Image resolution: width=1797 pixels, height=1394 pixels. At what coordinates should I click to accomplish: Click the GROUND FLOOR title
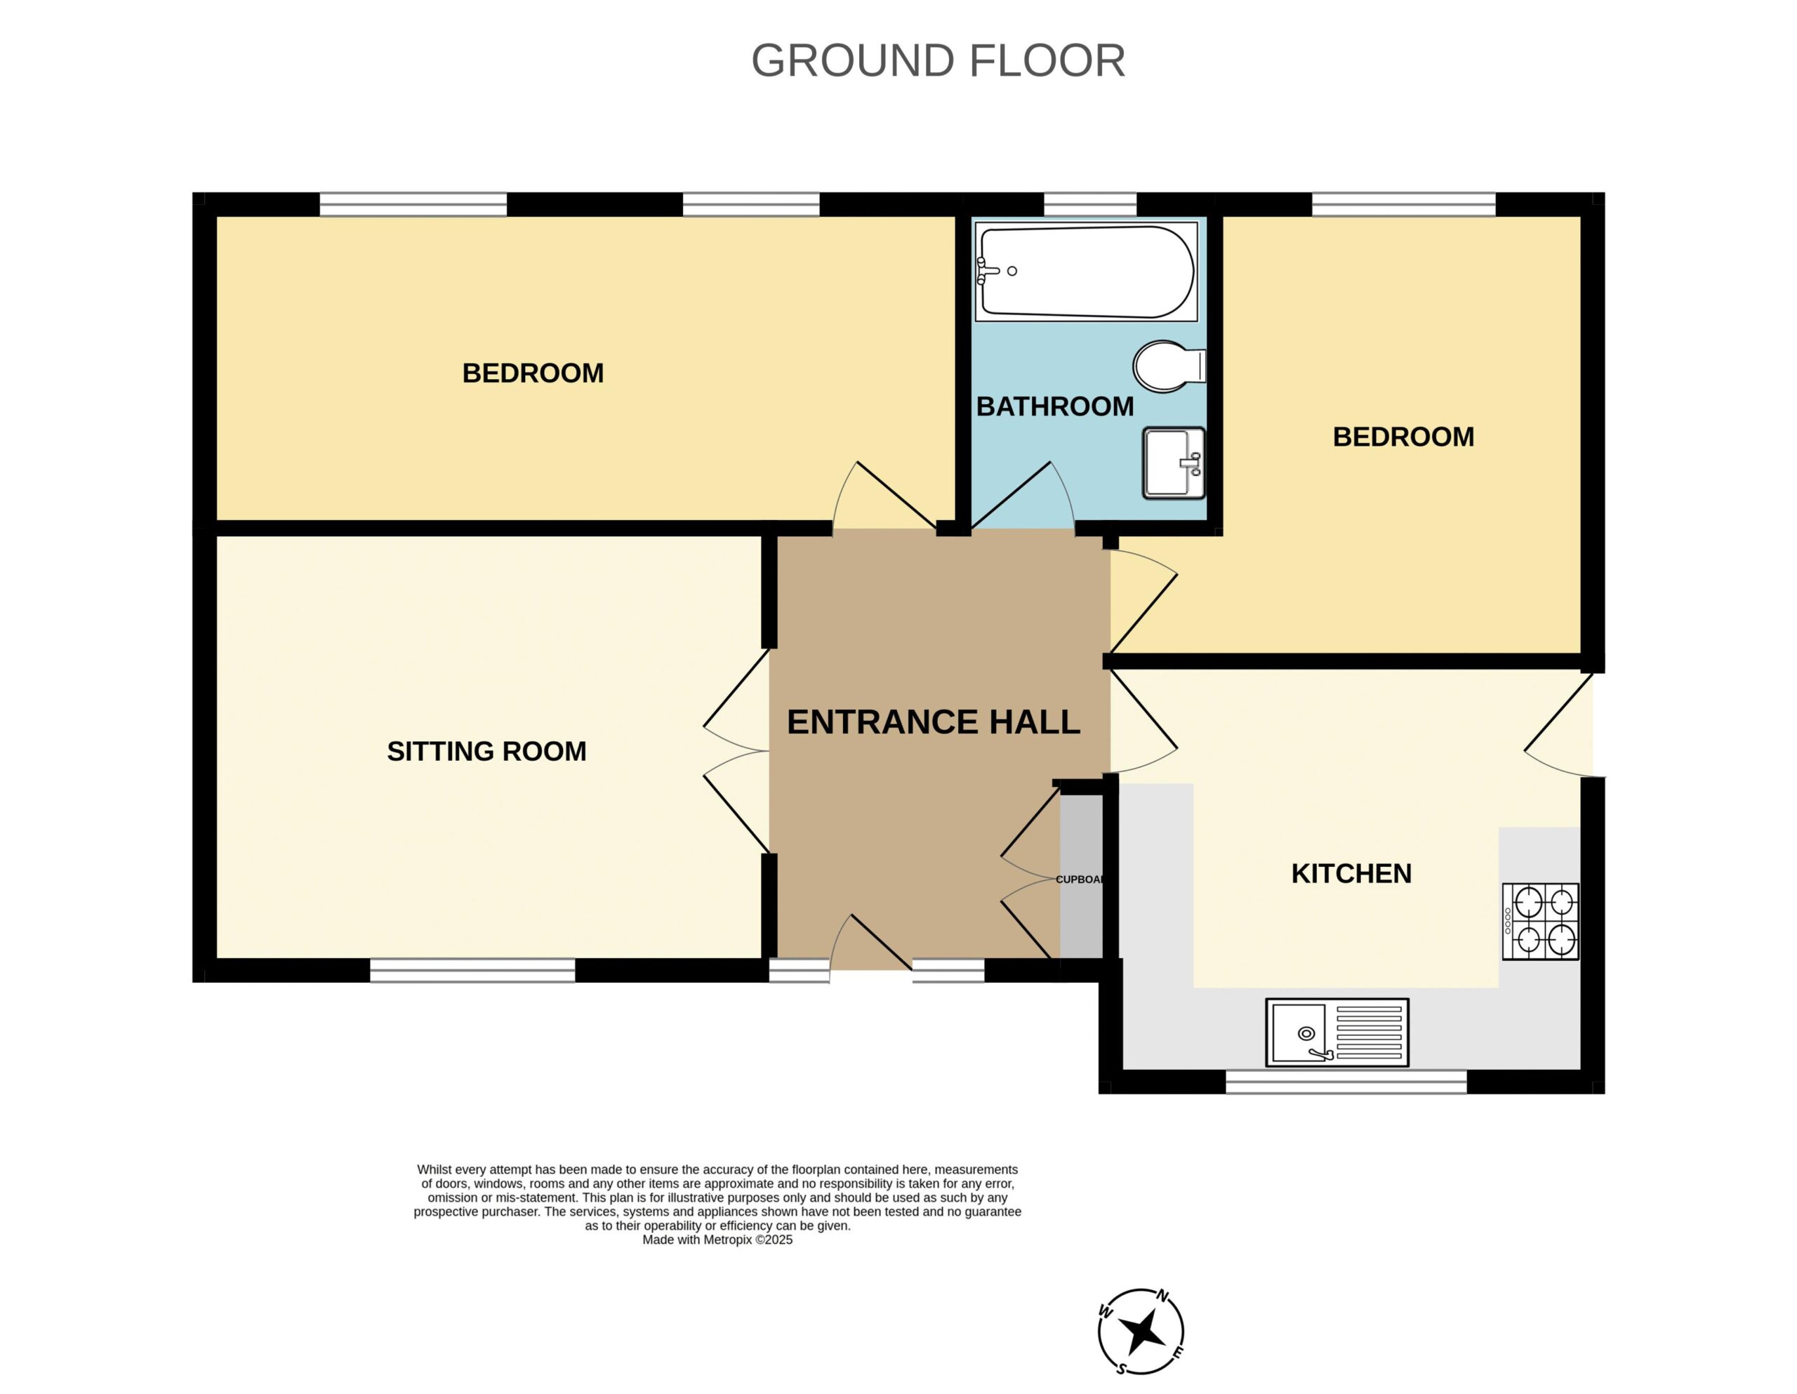pos(937,61)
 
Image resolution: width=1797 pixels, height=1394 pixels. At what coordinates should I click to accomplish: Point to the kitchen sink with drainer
pos(1337,1033)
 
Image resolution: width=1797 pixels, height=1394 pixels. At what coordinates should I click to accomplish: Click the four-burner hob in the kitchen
pos(1540,922)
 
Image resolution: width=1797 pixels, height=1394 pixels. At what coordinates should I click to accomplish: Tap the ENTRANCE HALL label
pos(933,722)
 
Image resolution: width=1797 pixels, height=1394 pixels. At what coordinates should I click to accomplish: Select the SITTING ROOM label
pos(486,751)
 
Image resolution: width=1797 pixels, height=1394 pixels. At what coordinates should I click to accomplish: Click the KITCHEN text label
pos(1351,873)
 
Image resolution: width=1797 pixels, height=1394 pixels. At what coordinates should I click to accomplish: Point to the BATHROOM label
pos(1055,406)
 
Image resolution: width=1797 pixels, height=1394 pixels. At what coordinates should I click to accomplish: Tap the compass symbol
pos(1141,1332)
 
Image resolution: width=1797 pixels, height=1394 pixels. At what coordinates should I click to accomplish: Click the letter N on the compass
pos(1162,1296)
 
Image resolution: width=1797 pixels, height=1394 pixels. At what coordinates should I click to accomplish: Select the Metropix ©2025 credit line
pos(717,1240)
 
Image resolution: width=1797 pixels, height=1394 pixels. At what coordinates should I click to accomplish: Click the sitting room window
pos(472,971)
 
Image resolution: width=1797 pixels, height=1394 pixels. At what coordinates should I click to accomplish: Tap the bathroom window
pos(1090,204)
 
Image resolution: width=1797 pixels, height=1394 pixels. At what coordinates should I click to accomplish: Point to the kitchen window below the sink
pos(1346,1081)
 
